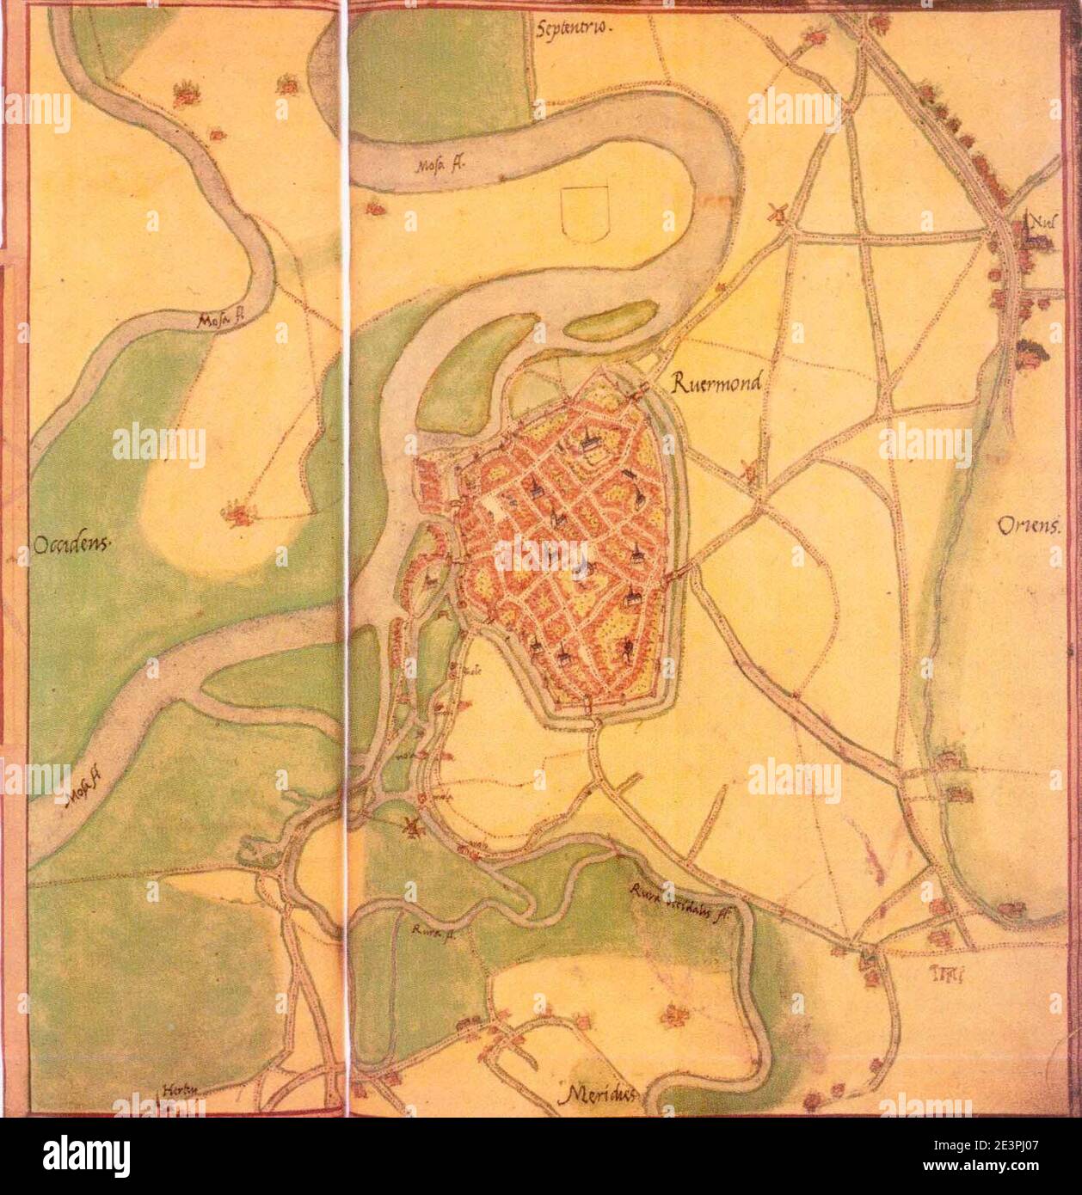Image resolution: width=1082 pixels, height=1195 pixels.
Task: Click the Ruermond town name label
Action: tap(716, 384)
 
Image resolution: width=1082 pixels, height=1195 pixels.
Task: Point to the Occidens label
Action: tap(71, 544)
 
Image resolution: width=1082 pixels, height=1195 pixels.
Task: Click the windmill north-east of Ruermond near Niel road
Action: tap(777, 211)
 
